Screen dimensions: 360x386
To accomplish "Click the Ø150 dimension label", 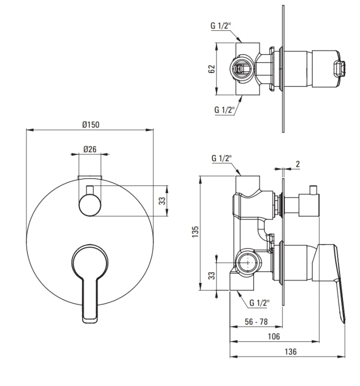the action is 91,125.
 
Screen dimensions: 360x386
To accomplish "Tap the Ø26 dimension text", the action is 90,149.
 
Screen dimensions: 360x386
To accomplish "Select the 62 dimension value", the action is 211,69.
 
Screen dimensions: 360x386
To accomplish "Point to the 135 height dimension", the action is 195,232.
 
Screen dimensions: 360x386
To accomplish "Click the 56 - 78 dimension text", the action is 256,322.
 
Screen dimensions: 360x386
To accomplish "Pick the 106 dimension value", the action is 274,336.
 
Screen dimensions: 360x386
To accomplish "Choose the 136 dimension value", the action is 291,352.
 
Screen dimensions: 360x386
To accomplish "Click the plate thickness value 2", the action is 298,164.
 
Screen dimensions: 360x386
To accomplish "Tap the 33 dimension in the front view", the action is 162,201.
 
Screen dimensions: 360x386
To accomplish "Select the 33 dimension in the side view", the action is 211,275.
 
